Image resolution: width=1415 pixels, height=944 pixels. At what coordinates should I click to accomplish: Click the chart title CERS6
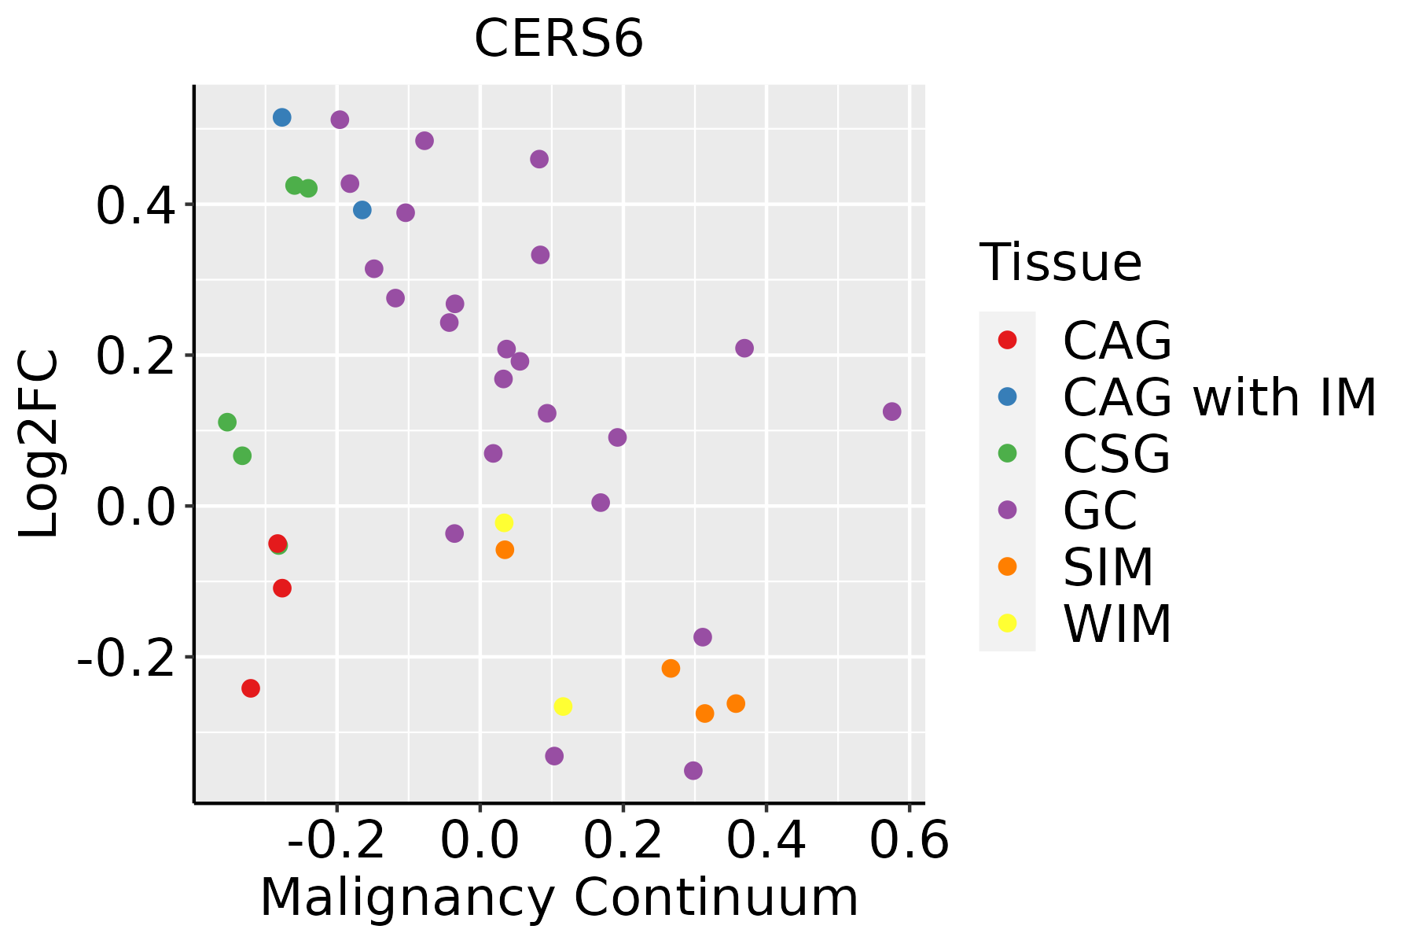[559, 39]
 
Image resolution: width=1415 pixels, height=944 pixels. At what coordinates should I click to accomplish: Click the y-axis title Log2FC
[39, 444]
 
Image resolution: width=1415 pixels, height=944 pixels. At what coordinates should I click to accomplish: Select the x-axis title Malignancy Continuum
[559, 898]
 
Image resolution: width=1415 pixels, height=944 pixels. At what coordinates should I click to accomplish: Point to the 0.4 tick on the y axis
[134, 206]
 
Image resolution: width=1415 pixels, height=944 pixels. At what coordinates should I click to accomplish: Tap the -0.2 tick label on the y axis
[123, 658]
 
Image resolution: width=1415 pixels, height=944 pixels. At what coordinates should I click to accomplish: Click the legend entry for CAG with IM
[1219, 397]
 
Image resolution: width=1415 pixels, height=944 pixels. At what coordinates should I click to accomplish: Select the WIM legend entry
[1117, 624]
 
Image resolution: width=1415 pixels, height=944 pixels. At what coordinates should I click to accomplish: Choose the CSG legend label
[1116, 454]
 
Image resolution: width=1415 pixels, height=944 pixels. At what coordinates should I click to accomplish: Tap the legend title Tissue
[1060, 263]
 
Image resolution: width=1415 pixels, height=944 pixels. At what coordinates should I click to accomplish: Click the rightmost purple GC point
[891, 411]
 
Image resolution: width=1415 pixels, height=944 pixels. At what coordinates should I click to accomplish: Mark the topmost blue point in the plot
[282, 117]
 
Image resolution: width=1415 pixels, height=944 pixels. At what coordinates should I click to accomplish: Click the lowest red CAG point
[251, 688]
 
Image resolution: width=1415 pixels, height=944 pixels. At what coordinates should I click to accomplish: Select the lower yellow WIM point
[563, 706]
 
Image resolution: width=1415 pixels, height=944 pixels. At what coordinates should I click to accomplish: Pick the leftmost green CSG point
[227, 422]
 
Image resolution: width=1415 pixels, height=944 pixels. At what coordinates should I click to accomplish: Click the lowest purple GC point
[693, 770]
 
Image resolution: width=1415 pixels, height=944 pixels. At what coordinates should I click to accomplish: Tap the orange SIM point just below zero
[505, 550]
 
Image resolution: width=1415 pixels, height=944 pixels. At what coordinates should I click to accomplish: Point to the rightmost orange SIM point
[736, 703]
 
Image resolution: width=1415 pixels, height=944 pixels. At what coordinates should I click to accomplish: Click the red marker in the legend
[1007, 340]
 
